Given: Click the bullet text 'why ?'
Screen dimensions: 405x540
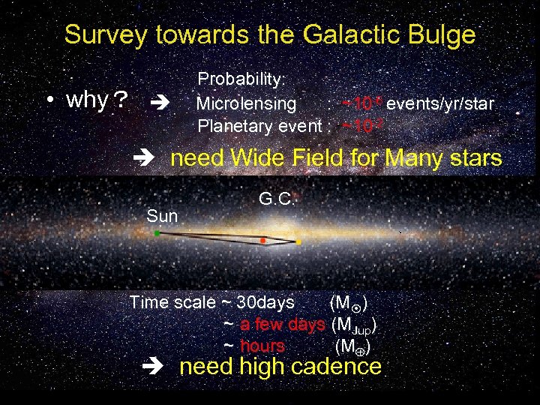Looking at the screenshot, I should click(96, 100).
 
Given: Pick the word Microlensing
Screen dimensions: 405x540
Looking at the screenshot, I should click(246, 103).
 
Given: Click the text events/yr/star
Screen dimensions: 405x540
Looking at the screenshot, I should click(440, 103).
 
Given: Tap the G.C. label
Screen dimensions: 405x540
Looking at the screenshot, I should click(278, 199).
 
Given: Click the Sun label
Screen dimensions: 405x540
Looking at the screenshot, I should click(162, 217).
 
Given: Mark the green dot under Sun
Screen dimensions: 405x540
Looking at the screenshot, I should click(157, 234).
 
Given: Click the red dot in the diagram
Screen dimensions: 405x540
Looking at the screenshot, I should click(262, 241).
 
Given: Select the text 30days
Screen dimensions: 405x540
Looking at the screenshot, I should click(265, 303).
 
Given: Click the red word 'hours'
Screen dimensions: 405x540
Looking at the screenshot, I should click(262, 346).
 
